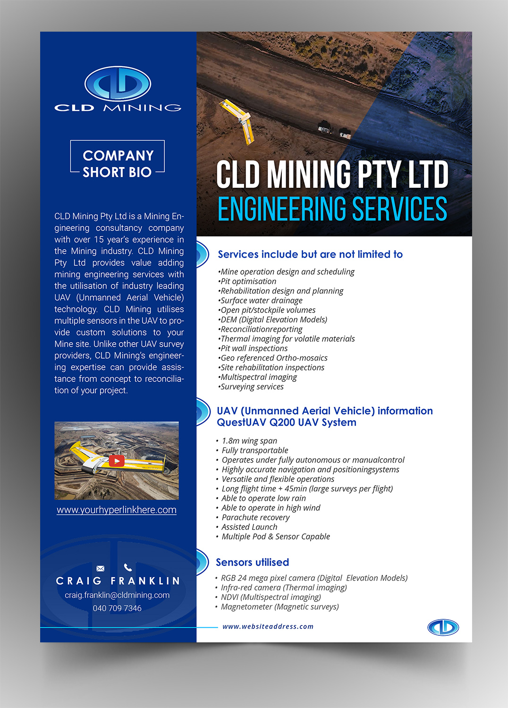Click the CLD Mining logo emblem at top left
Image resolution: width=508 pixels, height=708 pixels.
(x=118, y=84)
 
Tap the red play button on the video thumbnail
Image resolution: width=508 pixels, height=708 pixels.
(x=117, y=460)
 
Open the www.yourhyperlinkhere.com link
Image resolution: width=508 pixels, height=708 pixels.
(x=117, y=510)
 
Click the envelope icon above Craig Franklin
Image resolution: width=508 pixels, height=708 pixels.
(x=100, y=568)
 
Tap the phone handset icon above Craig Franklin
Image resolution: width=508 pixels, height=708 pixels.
(x=127, y=567)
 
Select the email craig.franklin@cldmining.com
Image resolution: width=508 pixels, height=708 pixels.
(x=117, y=595)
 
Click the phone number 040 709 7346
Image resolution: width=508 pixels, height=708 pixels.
(x=117, y=608)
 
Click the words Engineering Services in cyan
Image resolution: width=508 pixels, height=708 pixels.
(x=332, y=209)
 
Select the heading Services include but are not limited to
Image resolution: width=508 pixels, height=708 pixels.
(x=310, y=254)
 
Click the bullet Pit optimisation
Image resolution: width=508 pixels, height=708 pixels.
(x=248, y=281)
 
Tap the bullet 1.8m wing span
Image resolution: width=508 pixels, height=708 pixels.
(x=249, y=441)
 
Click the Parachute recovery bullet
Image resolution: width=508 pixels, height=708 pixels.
(x=255, y=517)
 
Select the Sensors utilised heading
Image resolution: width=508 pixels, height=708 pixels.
(x=252, y=562)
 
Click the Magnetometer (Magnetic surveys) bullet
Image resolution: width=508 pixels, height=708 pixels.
(x=279, y=607)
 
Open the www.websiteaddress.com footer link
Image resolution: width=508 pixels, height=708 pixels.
(x=268, y=626)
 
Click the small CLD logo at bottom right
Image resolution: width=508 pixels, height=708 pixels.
(x=443, y=627)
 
